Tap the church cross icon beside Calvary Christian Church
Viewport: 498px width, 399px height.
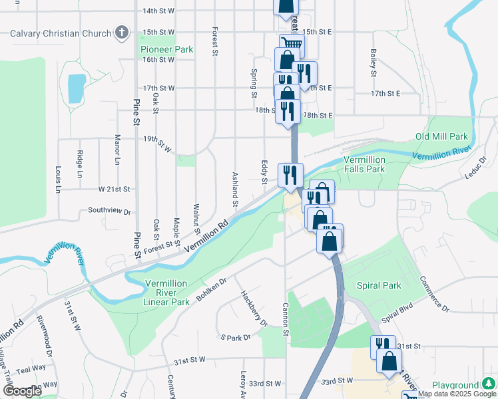[121, 32]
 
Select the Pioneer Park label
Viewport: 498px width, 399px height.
[166, 49]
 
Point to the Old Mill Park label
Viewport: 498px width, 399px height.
[441, 136]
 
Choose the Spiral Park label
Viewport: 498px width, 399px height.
[379, 285]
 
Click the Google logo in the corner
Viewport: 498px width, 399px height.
[22, 391]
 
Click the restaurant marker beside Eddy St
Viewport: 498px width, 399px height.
[290, 176]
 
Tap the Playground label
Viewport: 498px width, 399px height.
[455, 385]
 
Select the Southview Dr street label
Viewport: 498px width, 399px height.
[109, 211]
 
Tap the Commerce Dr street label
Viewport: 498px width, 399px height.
[435, 295]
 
